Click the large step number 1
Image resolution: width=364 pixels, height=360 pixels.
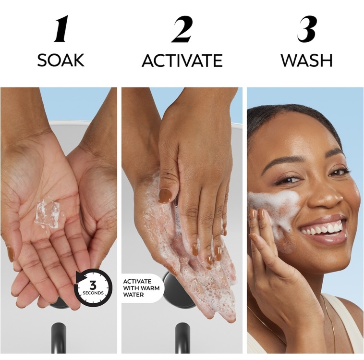pos(61,28)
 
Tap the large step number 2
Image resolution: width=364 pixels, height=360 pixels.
pos(182,29)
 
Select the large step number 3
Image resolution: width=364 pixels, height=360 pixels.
pos(307,29)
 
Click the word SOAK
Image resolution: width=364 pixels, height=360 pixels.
pos(61,60)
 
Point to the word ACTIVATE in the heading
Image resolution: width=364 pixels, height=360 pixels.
pos(182,61)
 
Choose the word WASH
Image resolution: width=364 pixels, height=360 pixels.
pos(306,61)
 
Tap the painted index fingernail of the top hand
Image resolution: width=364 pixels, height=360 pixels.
pos(165,196)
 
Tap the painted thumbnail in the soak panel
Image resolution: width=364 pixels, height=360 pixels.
pos(10,254)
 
